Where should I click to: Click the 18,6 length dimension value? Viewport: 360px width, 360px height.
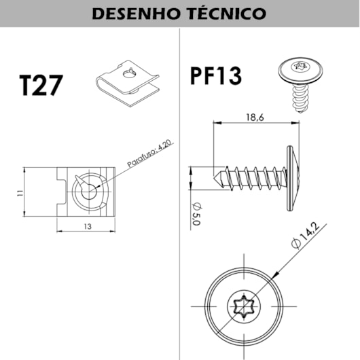[255, 118]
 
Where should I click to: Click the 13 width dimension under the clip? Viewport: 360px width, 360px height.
[88, 226]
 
